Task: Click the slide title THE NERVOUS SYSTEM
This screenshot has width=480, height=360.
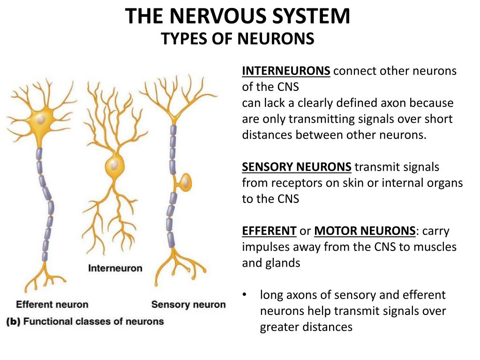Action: tap(238, 17)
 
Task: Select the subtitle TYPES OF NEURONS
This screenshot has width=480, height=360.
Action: tap(238, 38)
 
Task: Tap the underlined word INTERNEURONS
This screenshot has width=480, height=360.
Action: tap(286, 71)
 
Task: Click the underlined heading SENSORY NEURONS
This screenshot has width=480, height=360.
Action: tap(296, 167)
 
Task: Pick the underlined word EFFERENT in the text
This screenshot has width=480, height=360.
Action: tap(269, 231)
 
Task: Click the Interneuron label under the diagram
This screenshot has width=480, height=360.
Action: tap(115, 269)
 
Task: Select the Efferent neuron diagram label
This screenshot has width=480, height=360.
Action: tap(52, 305)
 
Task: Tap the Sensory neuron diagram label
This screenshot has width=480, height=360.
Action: tap(188, 305)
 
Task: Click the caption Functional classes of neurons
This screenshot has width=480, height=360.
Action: tap(93, 322)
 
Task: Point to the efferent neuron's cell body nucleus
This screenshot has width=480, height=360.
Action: tap(41, 120)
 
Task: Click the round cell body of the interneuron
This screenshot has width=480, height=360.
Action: tap(113, 165)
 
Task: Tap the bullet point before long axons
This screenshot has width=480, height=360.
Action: tap(244, 295)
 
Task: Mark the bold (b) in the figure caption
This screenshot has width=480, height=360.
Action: tap(13, 322)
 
